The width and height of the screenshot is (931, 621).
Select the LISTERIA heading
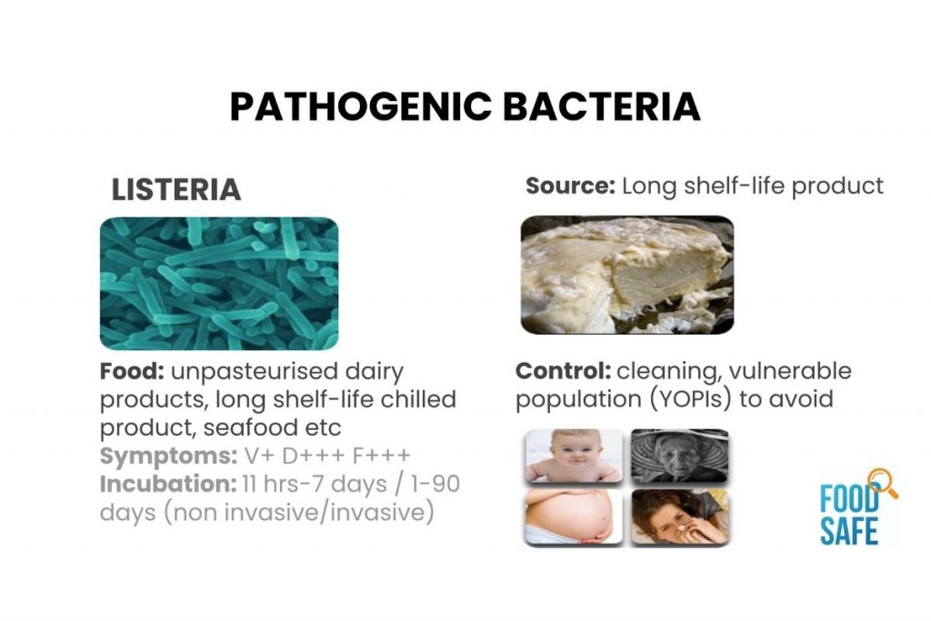click(175, 190)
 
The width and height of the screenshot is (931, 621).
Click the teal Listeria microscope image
click(218, 284)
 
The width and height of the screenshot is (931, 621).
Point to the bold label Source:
click(571, 186)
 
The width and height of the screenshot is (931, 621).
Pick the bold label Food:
click(132, 372)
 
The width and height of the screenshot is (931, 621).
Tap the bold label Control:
click(562, 372)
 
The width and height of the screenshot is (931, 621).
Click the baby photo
click(574, 456)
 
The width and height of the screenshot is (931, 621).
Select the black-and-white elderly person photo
click(679, 456)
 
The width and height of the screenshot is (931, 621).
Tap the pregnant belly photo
click(574, 516)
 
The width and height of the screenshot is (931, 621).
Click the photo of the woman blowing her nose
click(679, 516)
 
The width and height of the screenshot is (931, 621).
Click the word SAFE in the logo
click(850, 530)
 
